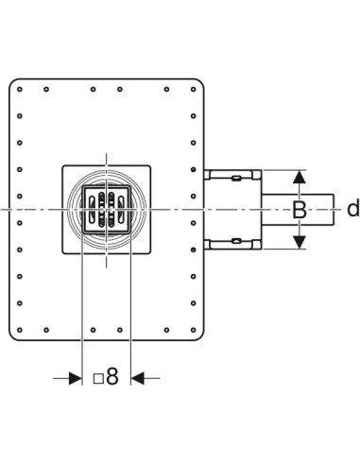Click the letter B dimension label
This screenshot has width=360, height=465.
300,210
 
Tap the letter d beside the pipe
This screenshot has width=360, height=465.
352,209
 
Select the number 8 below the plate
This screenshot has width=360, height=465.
112,376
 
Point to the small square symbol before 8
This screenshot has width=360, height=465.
98,378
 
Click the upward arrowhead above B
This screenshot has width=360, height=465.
299,177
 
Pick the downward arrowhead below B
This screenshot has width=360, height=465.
299,242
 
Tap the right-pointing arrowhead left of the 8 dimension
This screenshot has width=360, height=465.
76,378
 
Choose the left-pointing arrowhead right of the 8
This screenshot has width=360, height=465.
137,378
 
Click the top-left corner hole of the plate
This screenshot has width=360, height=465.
20,90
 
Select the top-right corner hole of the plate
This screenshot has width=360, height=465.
194,90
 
